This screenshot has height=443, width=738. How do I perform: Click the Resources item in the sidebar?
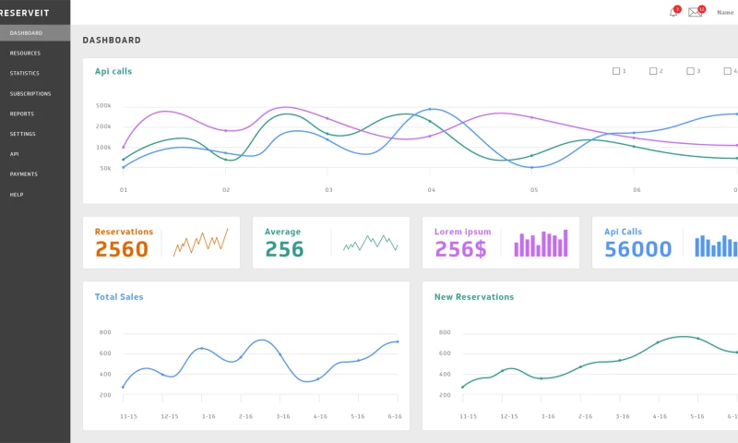point(25,54)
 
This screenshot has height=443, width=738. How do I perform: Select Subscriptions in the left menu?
point(30,94)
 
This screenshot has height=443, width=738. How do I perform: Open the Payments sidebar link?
point(24,174)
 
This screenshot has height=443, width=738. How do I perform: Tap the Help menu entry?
point(16,195)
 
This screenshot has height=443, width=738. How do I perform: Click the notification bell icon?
point(673,12)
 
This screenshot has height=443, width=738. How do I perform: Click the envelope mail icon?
point(696,12)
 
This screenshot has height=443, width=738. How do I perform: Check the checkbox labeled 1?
point(616,71)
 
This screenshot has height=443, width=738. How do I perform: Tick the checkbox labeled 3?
point(690,71)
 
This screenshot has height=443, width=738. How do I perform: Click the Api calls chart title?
point(113,71)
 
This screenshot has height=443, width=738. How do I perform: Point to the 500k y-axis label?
point(103,106)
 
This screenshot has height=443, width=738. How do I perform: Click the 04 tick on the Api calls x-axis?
point(431,189)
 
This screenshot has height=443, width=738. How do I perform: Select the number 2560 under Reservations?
point(122,249)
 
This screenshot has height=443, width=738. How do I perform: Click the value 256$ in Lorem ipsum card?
point(460,249)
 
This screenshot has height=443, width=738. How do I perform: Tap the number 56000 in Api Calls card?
point(637,249)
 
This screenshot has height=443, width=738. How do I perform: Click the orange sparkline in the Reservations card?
point(200,243)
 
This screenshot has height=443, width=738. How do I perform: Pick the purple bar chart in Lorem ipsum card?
point(541,244)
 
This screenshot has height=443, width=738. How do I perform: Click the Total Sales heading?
point(119,297)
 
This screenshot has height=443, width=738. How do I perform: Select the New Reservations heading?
point(474,297)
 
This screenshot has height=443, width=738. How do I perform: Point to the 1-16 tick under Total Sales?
point(208,416)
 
